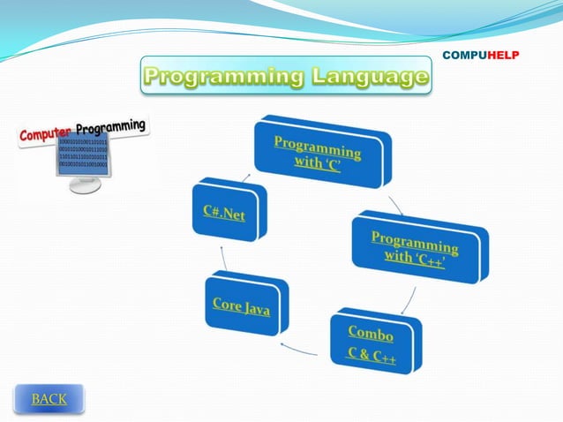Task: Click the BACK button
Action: [49, 399]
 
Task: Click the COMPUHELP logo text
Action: [480, 55]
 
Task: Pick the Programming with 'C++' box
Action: [415, 246]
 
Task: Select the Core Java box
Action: [242, 305]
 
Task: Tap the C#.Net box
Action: [225, 213]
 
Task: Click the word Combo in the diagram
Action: [371, 333]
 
